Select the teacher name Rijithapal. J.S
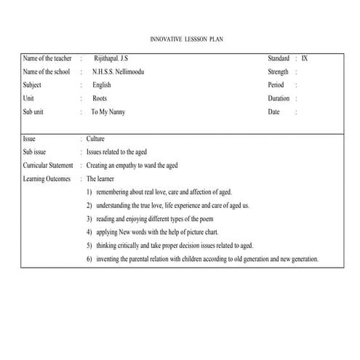point(116,58)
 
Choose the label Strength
point(279,72)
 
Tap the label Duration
point(279,99)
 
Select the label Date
point(273,112)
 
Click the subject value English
point(102,85)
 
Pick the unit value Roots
point(100,99)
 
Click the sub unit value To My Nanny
point(109,112)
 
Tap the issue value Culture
point(96,138)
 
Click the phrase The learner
point(102,178)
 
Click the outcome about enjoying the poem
point(161,218)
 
